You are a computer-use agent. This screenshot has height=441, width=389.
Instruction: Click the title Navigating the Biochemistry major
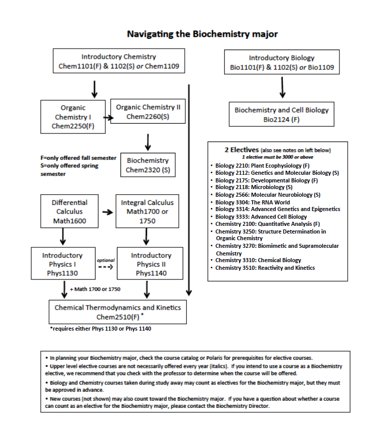(x=202, y=34)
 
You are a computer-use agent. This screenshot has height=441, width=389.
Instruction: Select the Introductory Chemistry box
(x=118, y=62)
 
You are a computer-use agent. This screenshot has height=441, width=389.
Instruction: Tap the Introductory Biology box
(x=281, y=62)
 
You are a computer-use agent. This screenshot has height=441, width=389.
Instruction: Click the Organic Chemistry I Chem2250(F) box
(x=73, y=117)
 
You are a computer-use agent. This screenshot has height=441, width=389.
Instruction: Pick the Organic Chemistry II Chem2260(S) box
(x=148, y=112)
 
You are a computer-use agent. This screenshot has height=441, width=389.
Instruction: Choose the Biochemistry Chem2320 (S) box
(x=148, y=165)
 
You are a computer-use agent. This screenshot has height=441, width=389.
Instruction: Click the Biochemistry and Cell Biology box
(x=281, y=114)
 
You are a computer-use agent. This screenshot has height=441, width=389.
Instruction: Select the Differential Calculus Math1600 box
(x=69, y=212)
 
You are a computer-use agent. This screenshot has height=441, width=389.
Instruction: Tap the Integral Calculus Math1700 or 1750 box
(x=147, y=212)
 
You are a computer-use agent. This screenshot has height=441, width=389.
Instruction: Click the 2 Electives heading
(x=241, y=150)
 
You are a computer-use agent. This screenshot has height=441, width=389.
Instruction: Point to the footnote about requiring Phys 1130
(x=100, y=329)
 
